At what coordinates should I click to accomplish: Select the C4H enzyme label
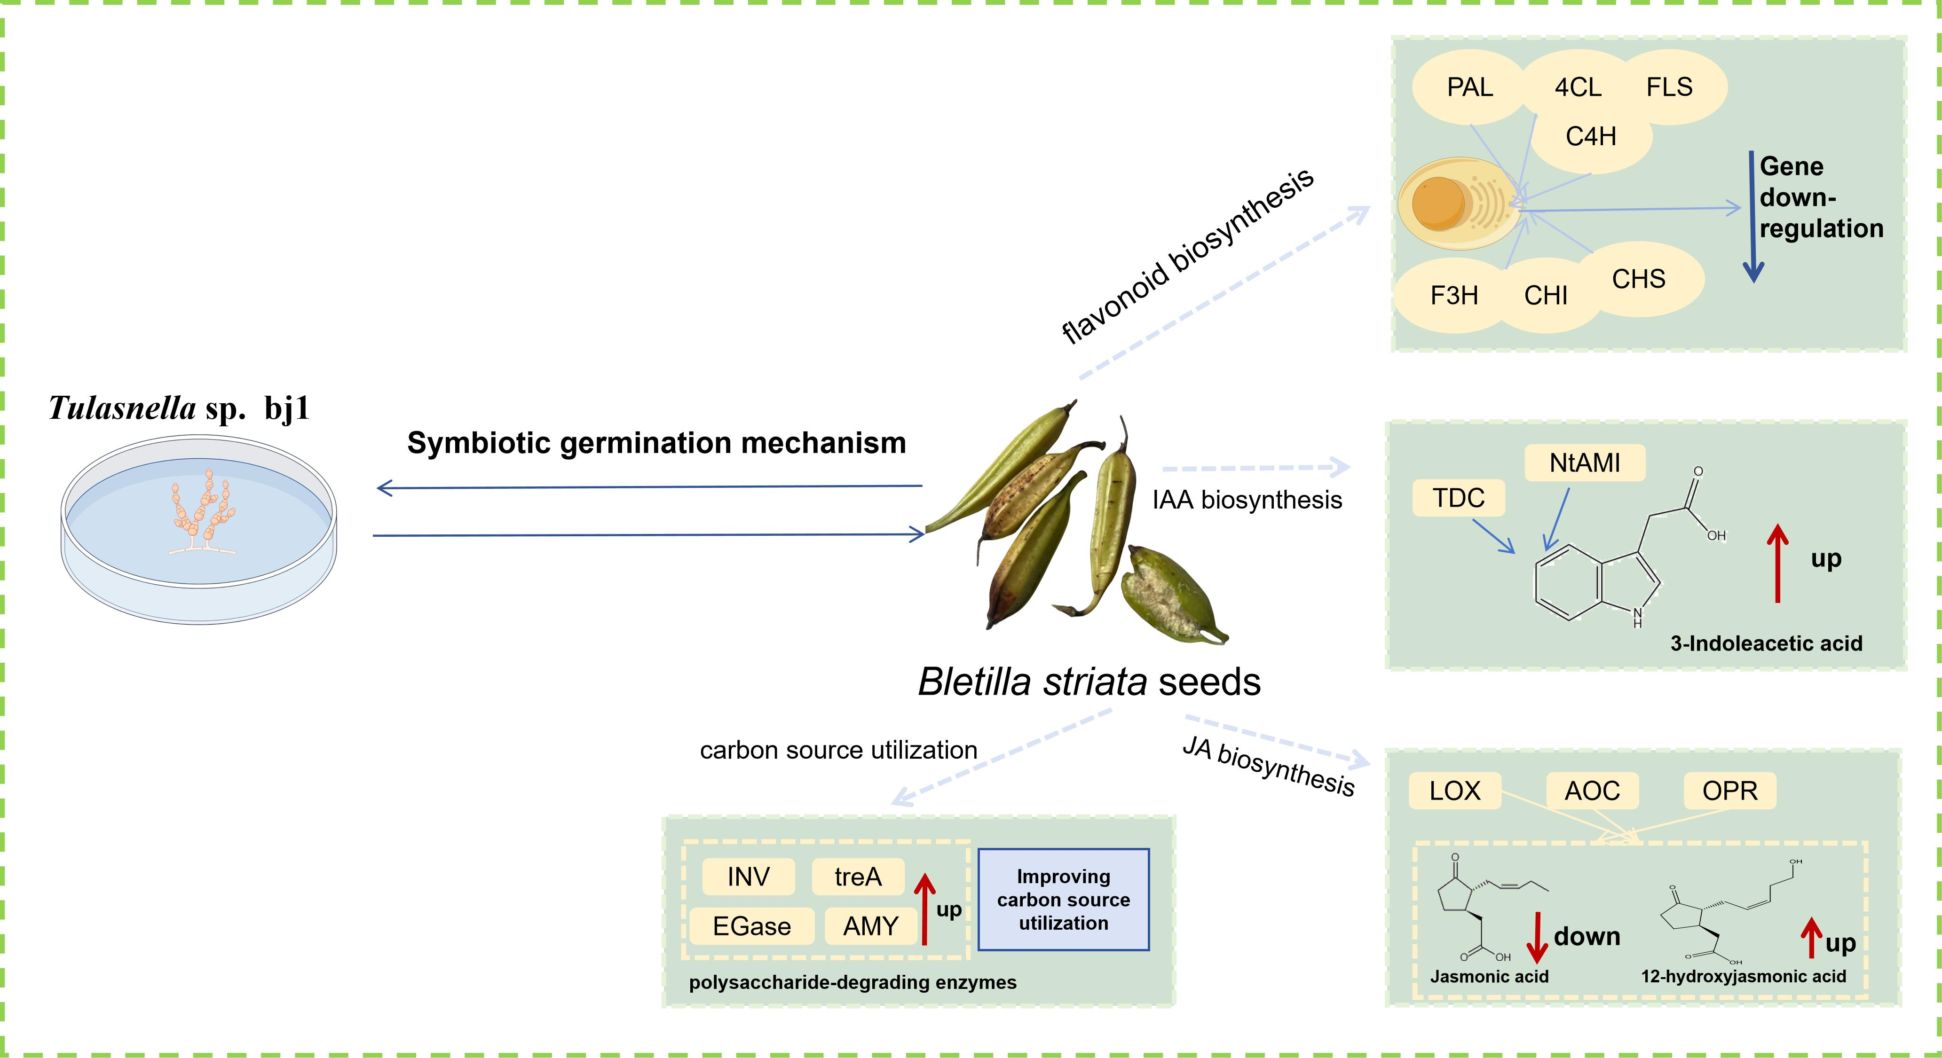[1591, 136]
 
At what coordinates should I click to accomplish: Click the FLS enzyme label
[1669, 87]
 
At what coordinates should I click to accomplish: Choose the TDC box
[1458, 498]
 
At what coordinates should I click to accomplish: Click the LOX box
[1455, 791]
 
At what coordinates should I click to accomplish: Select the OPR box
[1729, 791]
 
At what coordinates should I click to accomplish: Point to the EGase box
[751, 926]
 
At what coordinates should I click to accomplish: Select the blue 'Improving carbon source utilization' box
[1063, 900]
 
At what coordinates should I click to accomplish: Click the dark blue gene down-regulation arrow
[1753, 219]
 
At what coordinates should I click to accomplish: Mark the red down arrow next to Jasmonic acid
[1536, 938]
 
